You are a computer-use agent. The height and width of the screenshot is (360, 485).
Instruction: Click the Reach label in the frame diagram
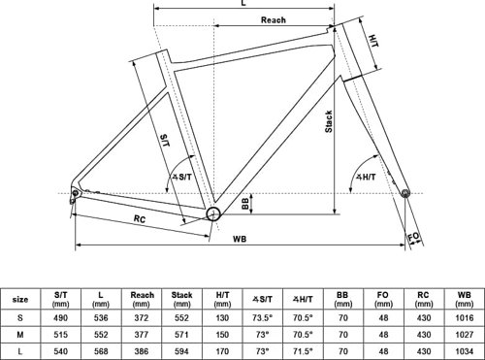point(274,20)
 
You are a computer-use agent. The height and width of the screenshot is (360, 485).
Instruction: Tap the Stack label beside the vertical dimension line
point(329,121)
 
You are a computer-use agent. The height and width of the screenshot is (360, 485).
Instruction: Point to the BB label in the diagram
point(245,203)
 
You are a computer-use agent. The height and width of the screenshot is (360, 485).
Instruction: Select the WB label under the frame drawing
point(240,239)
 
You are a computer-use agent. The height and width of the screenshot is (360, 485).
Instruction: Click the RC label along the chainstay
point(140,219)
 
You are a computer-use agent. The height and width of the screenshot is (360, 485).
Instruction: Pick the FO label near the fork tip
point(413,237)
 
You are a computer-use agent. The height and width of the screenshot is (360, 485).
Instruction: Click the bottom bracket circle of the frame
point(213,214)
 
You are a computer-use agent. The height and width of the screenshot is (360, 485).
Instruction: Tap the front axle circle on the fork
point(405,193)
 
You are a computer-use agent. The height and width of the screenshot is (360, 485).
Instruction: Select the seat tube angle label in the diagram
point(181,177)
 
